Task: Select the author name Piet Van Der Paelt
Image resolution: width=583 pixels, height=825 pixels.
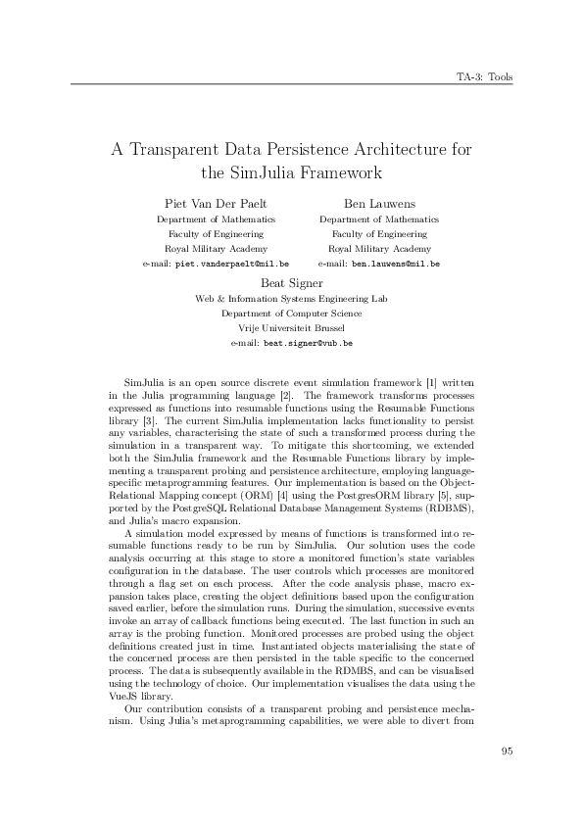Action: click(x=216, y=203)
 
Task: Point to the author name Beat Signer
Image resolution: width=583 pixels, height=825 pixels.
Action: click(x=291, y=283)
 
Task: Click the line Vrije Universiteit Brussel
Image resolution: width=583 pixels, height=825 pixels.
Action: click(x=291, y=329)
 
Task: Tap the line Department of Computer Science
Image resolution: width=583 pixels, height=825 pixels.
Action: click(x=291, y=314)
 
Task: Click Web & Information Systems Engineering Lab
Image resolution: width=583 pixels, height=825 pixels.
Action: click(x=291, y=298)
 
